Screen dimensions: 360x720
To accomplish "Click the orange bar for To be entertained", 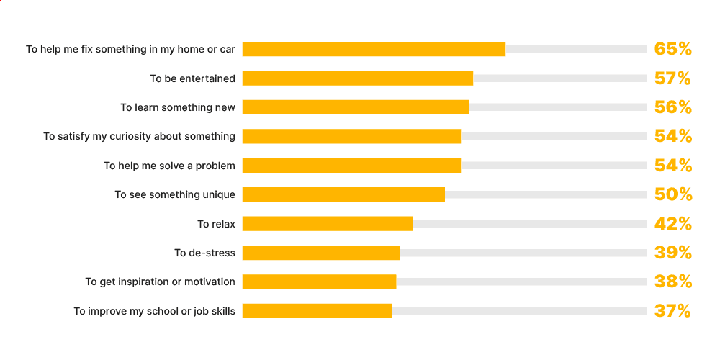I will pyautogui.click(x=357, y=78).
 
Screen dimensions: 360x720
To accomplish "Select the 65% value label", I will pyautogui.click(x=672, y=49).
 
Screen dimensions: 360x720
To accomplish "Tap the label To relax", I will pyautogui.click(x=216, y=224).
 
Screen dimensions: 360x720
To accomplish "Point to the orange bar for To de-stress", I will pyautogui.click(x=321, y=253).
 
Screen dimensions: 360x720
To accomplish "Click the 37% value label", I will pyautogui.click(x=672, y=311).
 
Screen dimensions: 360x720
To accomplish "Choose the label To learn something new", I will pyautogui.click(x=177, y=107).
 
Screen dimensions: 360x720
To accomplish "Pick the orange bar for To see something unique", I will pyautogui.click(x=343, y=194).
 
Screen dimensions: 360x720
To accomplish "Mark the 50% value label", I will pyautogui.click(x=672, y=194).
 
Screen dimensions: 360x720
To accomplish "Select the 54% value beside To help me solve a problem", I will pyautogui.click(x=672, y=166).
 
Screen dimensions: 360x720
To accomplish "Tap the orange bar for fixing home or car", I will pyautogui.click(x=374, y=49).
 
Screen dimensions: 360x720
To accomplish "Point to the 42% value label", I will pyautogui.click(x=672, y=224).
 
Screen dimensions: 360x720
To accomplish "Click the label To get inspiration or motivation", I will pyautogui.click(x=160, y=282).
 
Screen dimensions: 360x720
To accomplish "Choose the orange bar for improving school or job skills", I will pyautogui.click(x=318, y=311).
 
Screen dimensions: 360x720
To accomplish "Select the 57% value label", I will pyautogui.click(x=672, y=78).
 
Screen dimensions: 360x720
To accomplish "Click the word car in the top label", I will pyautogui.click(x=227, y=49).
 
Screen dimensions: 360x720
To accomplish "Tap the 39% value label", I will pyautogui.click(x=672, y=253).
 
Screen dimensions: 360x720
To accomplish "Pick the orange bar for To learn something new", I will pyautogui.click(x=356, y=107).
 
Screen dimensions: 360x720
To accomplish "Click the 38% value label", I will pyautogui.click(x=672, y=282).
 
